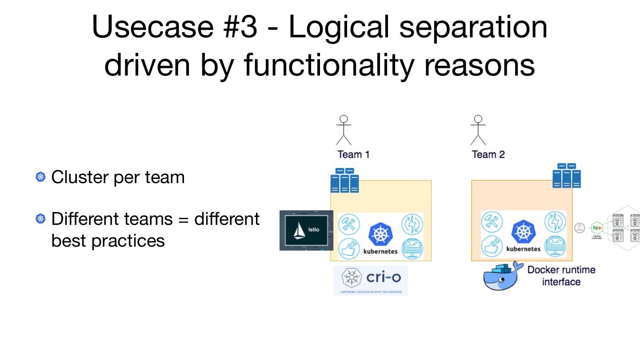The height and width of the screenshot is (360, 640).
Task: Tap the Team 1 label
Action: click(x=353, y=154)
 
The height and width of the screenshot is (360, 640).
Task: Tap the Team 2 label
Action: click(x=488, y=154)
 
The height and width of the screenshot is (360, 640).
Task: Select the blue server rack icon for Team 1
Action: click(x=344, y=180)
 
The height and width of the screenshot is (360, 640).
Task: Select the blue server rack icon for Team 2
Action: click(x=567, y=176)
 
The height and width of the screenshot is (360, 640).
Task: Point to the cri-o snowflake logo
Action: click(x=351, y=278)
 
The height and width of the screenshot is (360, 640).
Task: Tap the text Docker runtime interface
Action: click(x=561, y=276)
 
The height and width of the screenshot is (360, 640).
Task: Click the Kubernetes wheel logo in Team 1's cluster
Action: click(x=380, y=234)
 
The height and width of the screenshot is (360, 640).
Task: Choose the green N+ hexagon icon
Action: click(x=597, y=228)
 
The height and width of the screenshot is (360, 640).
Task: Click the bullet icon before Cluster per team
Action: click(x=41, y=177)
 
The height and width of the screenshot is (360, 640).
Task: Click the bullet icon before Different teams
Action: click(x=41, y=219)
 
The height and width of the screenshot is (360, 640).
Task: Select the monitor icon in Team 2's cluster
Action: click(x=555, y=246)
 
